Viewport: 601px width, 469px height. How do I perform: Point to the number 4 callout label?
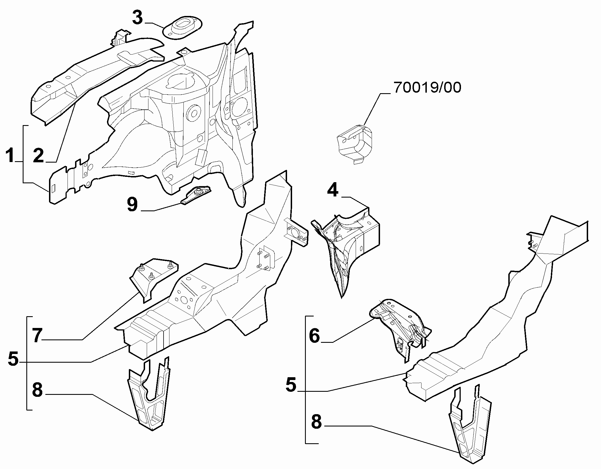click(x=333, y=191)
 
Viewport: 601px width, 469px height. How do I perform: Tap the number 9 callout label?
click(x=132, y=205)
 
